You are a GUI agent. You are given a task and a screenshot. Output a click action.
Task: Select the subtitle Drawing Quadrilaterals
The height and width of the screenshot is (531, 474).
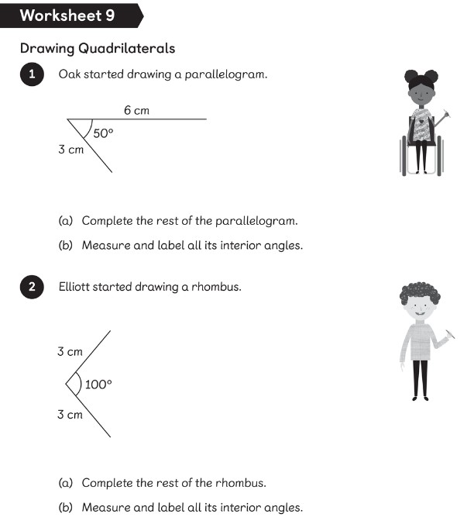tap(98, 49)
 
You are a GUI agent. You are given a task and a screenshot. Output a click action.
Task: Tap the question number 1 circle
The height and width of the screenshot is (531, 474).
tap(32, 75)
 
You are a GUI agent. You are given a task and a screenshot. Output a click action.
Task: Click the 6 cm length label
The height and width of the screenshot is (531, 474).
tap(136, 111)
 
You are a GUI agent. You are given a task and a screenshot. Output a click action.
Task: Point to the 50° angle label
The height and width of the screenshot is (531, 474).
tap(103, 133)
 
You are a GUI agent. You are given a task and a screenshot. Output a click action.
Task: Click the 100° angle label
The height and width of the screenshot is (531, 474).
tap(99, 384)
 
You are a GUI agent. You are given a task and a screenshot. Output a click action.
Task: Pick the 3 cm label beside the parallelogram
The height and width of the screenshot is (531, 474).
tap(70, 150)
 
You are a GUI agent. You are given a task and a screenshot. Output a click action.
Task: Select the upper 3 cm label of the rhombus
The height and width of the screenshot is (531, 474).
tap(70, 352)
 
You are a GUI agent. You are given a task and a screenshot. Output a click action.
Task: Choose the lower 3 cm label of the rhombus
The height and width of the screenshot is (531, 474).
tap(70, 415)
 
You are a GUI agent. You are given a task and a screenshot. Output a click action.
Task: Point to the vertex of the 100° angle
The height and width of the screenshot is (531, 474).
tap(67, 384)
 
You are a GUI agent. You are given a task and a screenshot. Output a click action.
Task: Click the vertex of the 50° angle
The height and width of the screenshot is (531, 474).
tap(67, 119)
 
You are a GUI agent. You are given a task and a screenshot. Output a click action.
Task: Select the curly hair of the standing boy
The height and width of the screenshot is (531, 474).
tap(420, 293)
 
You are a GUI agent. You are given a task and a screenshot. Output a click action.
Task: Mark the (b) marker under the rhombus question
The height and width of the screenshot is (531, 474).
tap(67, 509)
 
